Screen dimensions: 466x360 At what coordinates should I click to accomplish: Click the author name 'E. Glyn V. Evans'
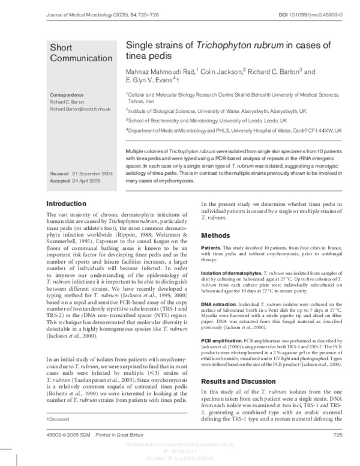(149, 80)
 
